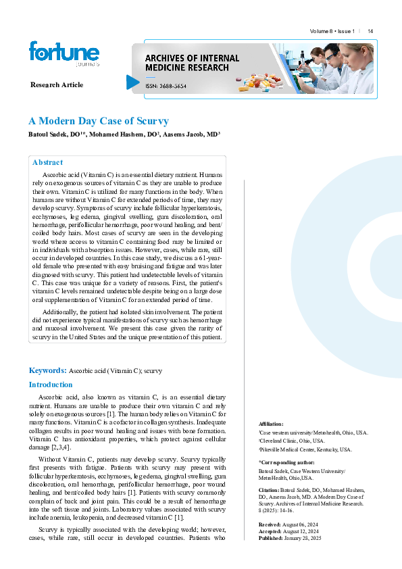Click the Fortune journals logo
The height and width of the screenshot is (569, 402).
pos(64,54)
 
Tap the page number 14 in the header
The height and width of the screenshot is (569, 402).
pos(370,32)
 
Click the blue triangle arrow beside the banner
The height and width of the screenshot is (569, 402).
pos(132,82)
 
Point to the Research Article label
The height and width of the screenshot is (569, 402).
pos(57,84)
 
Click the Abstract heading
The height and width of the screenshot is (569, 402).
pos(47,162)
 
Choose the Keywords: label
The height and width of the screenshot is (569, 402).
pos(47,370)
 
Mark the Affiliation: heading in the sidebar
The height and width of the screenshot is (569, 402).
pos(271,422)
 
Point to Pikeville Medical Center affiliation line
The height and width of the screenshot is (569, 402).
pos(306,449)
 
